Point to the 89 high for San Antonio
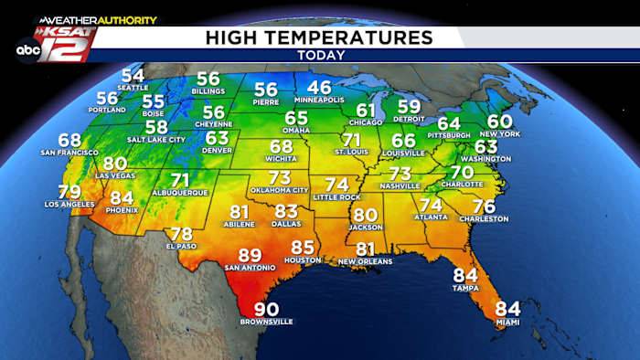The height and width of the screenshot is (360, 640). point(250,256)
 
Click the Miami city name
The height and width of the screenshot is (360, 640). point(507,322)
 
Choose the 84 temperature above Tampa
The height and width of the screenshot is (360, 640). point(465,275)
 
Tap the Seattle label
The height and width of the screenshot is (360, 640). point(133,88)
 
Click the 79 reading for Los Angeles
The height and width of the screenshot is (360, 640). point(69,192)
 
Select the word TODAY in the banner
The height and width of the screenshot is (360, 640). point(321,55)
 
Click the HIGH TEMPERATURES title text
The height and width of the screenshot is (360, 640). point(319,37)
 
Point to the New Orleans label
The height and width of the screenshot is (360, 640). point(365,261)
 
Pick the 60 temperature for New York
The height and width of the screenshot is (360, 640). point(499,122)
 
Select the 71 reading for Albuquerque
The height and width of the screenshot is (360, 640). point(180,181)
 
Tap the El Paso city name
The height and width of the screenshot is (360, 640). point(182,246)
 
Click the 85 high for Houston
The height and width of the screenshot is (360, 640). point(303,248)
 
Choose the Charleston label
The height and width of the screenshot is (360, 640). point(484,219)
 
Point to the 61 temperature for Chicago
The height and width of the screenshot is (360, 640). point(367,111)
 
